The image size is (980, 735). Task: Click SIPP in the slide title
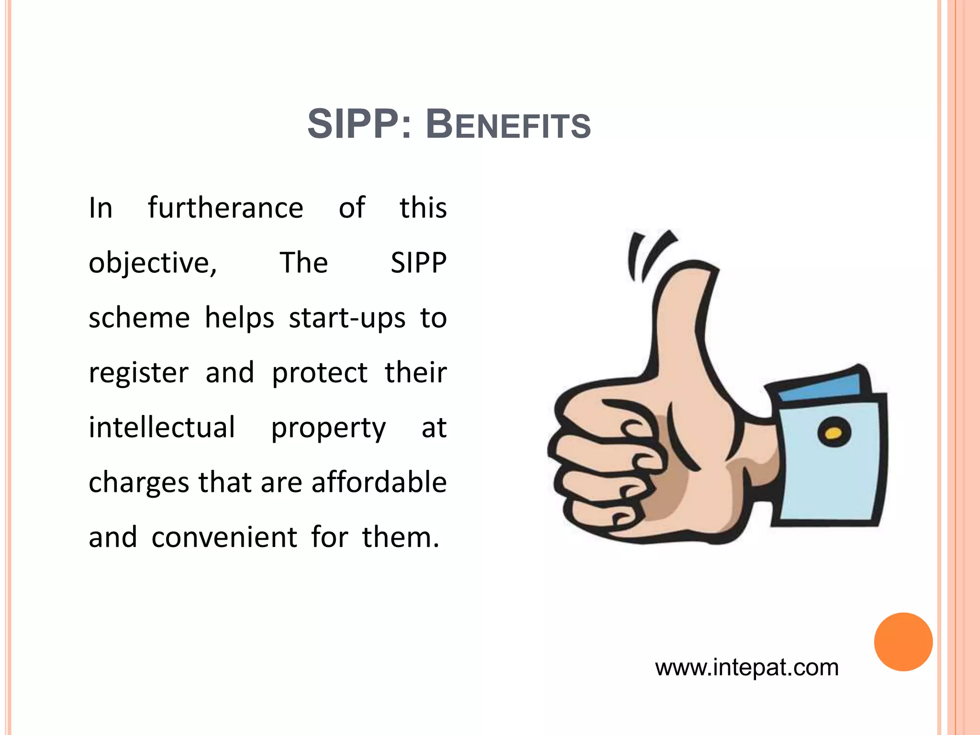pyautogui.click(x=353, y=124)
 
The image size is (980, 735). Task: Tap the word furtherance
pyautogui.click(x=225, y=208)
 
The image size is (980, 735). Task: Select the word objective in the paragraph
pyautogui.click(x=149, y=263)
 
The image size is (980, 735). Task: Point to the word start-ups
pyautogui.click(x=347, y=318)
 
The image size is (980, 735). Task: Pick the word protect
pyautogui.click(x=320, y=374)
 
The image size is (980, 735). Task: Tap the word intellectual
pyautogui.click(x=162, y=427)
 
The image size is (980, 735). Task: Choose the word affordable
pyautogui.click(x=379, y=482)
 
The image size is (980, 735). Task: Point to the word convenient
pyautogui.click(x=224, y=537)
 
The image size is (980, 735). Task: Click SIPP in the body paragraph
pyautogui.click(x=418, y=263)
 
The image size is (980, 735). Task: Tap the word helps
pyautogui.click(x=239, y=318)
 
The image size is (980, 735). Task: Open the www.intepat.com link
pyautogui.click(x=746, y=668)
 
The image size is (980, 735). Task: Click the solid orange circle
pyautogui.click(x=903, y=642)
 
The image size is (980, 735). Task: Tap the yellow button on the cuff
pyautogui.click(x=834, y=433)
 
